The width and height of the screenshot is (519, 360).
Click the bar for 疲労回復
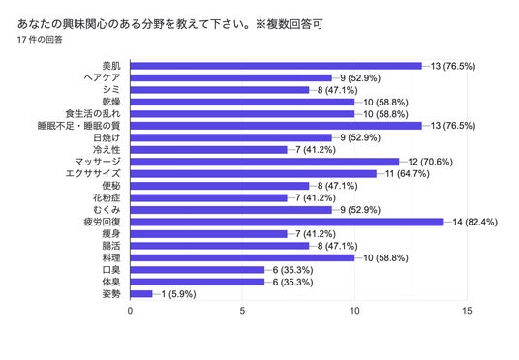point(287,222)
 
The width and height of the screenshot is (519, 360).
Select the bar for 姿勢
point(141,294)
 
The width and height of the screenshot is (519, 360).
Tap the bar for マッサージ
point(264,162)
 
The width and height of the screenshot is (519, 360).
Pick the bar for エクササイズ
point(254,174)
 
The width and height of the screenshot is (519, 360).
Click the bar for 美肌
point(276,66)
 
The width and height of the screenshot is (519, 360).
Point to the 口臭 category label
point(111,270)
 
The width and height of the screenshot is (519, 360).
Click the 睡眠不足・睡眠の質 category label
point(78,126)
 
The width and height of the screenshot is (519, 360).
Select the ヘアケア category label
point(102,77)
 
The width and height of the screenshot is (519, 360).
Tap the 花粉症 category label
point(107,197)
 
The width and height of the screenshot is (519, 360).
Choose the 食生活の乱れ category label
point(93,114)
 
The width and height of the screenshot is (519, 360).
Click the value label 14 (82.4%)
point(475,222)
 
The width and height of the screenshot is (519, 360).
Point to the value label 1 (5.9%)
point(178,294)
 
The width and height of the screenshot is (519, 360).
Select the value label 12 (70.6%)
point(430,162)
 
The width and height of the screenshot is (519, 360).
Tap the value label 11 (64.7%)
point(408,174)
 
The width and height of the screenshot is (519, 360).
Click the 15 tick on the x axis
point(467,311)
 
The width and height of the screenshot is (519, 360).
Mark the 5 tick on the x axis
point(242,311)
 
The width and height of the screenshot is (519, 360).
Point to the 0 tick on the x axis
point(130,311)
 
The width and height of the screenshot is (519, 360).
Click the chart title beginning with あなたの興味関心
point(170,24)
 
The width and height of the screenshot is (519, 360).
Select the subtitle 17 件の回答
point(40,40)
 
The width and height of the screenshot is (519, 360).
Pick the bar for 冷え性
point(208,150)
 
